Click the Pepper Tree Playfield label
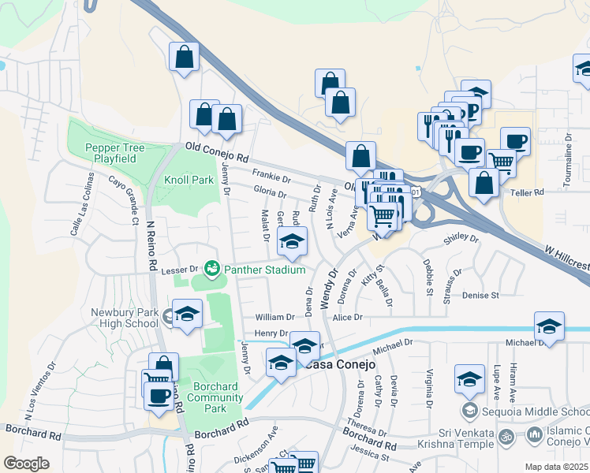pos(106,153)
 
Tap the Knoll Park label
pos(189,180)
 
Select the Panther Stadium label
pos(264,270)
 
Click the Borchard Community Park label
pos(215,398)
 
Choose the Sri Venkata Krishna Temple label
pos(461,441)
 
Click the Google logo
pos(26,464)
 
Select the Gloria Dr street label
pos(270,192)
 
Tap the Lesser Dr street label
pos(177,270)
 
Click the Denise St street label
pos(481,296)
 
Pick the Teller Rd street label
pos(528,192)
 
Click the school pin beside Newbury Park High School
pos(187,315)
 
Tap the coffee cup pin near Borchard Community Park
pos(159,394)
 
